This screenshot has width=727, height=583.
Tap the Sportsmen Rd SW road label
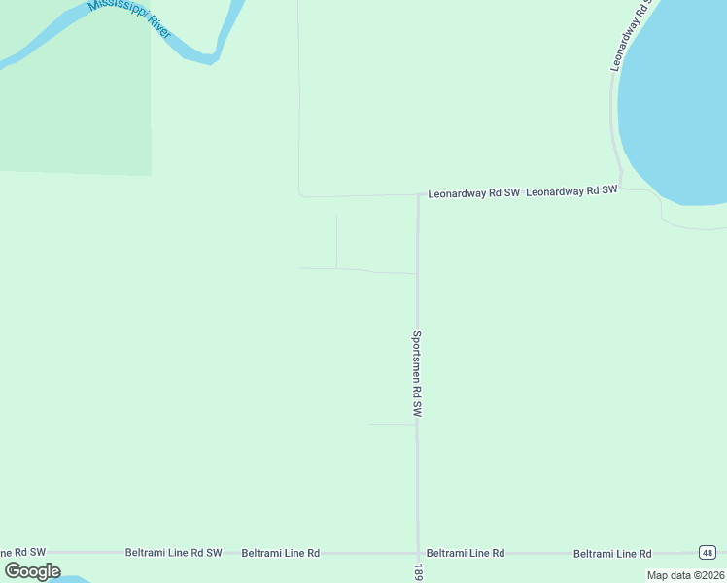[417, 374]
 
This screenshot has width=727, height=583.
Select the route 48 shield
[707, 552]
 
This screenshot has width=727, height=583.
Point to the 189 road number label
[418, 572]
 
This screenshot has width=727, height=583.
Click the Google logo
[32, 570]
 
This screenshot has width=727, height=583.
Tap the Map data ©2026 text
[684, 575]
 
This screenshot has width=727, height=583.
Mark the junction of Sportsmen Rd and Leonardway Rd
[418, 194]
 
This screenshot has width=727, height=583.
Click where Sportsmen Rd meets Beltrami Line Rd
[418, 553]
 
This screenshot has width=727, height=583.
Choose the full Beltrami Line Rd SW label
[173, 552]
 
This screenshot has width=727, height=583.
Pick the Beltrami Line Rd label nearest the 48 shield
[611, 553]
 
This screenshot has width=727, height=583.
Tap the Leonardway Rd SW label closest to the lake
[571, 191]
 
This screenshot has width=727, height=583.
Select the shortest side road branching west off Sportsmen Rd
[392, 424]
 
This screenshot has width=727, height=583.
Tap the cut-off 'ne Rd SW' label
[23, 552]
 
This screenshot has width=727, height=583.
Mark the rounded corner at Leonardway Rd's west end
[301, 193]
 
